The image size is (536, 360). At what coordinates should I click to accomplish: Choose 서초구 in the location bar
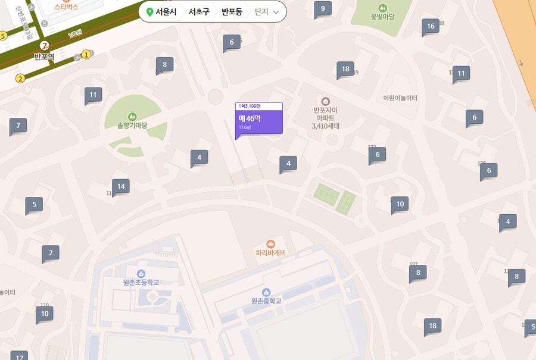[x=199, y=12]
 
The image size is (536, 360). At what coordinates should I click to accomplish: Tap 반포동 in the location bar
[x=232, y=12]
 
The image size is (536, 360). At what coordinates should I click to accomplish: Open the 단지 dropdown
[x=266, y=12]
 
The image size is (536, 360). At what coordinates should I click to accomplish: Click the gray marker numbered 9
[x=323, y=8]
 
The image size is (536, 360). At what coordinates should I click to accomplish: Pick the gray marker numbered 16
[x=431, y=26]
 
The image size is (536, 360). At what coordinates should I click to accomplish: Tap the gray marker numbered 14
[x=121, y=187]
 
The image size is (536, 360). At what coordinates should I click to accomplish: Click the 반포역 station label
[x=44, y=57]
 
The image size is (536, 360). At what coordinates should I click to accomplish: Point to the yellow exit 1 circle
[x=86, y=55]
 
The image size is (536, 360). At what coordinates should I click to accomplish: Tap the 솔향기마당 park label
[x=132, y=126]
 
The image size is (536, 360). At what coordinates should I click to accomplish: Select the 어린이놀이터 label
[x=400, y=98]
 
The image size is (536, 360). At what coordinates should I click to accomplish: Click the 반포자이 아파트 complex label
[x=325, y=118]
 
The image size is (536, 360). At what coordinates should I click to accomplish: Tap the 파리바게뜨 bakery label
[x=271, y=252]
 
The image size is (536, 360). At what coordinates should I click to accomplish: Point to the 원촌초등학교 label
[x=141, y=282]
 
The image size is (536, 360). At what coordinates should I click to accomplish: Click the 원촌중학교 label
[x=266, y=301]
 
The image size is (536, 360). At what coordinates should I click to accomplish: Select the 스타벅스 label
[x=66, y=7]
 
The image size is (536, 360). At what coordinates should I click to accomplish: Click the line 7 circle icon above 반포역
[x=44, y=46]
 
